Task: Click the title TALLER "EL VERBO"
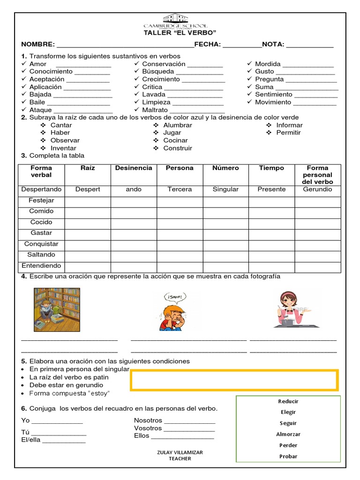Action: tap(180, 33)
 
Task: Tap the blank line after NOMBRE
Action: tap(125, 45)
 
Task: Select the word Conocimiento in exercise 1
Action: tap(51, 72)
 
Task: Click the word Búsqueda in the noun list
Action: tap(158, 72)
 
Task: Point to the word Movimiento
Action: tap(273, 102)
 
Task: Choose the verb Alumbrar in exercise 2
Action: tap(178, 125)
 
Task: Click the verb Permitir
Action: tap(288, 133)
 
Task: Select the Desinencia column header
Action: tap(134, 168)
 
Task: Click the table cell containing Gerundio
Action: tap(317, 189)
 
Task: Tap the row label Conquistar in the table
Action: tap(41, 244)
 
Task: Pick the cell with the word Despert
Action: tap(88, 189)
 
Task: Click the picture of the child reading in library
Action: tap(57, 309)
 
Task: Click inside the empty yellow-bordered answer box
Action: tap(234, 380)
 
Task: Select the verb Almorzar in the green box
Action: tap(288, 435)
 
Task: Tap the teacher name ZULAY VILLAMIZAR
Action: tap(180, 452)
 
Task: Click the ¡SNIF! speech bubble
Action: tap(174, 296)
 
